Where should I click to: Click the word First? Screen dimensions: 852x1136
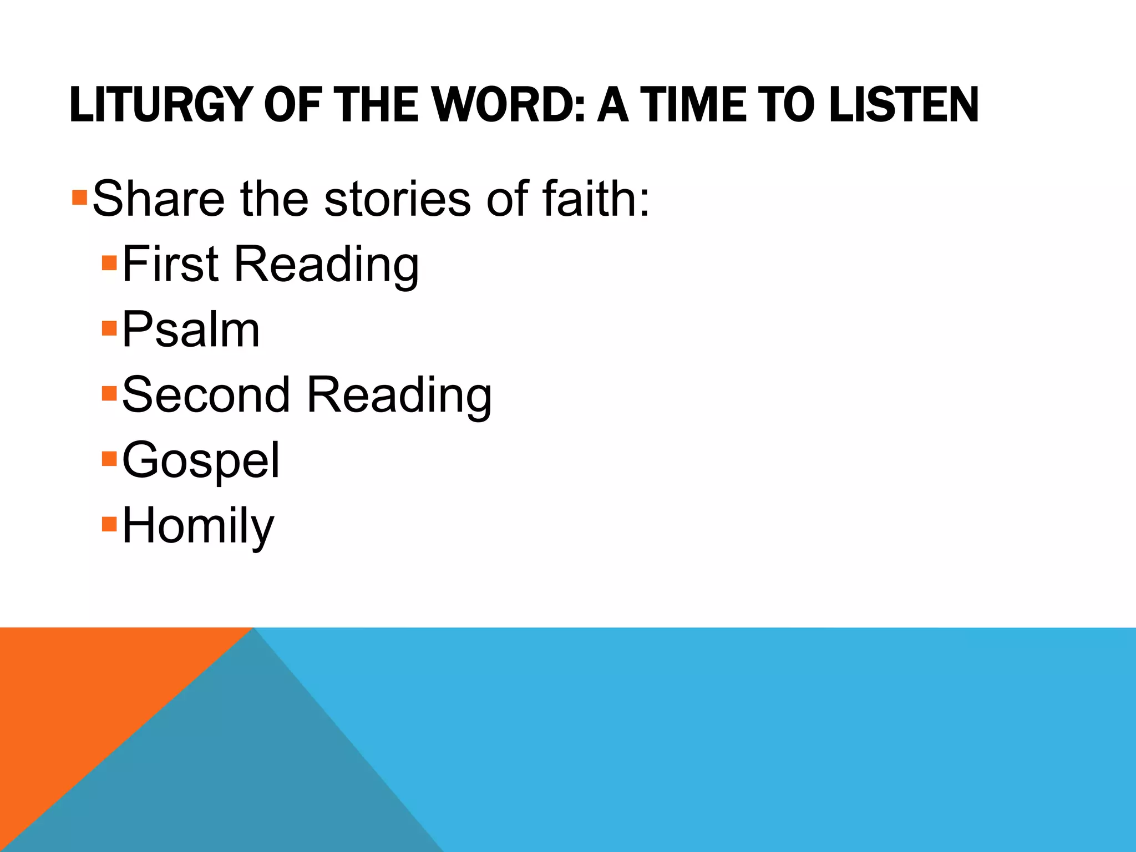(170, 264)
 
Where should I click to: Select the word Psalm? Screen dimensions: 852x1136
(191, 330)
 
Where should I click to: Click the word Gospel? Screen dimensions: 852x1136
(201, 460)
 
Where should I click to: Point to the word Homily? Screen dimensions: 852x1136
(198, 526)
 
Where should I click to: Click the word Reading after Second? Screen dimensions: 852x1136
(399, 395)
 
